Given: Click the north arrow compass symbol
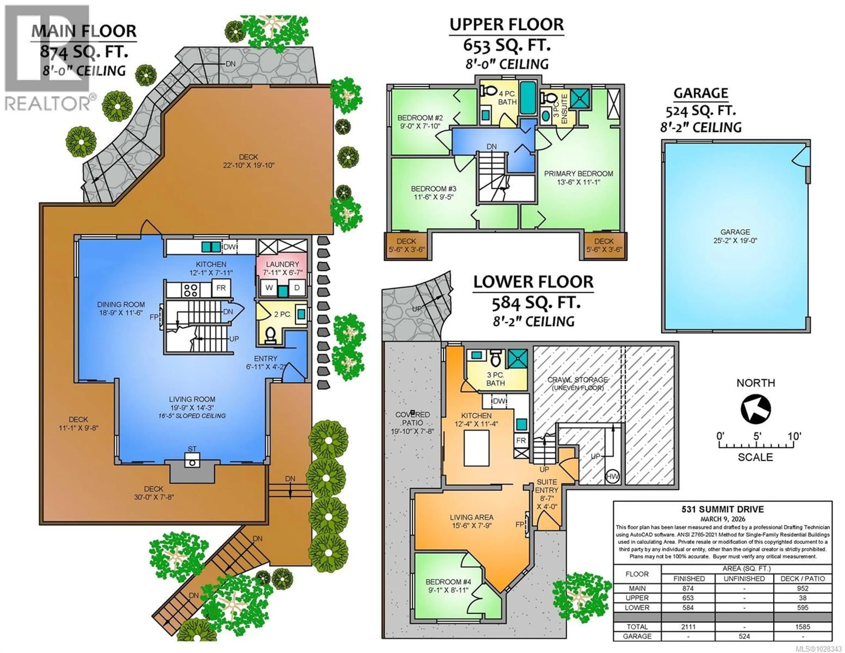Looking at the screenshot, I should click(755, 409).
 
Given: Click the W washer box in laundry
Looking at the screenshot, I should click(269, 288).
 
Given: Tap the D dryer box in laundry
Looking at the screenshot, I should click(297, 288).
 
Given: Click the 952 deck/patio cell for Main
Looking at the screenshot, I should click(803, 588).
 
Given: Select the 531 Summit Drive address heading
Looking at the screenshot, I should click(722, 510).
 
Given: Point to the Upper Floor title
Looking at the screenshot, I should click(507, 25).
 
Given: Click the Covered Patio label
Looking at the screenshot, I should click(412, 418).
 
